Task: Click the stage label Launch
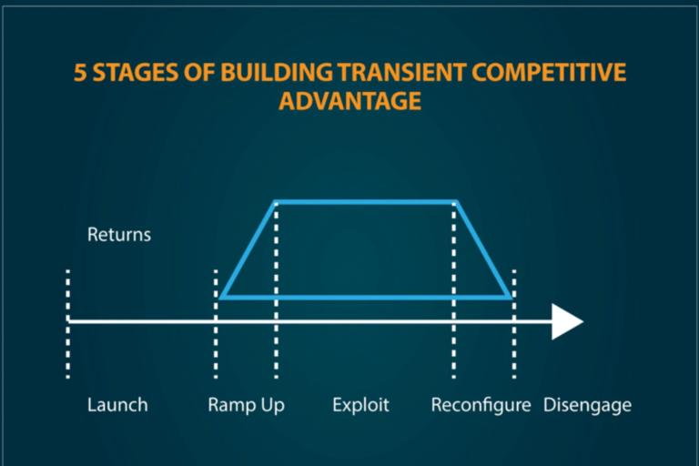coord(117,405)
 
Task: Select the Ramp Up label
coord(246,406)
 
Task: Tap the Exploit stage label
coord(360,405)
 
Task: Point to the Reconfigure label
coord(481,406)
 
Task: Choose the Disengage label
coord(587,406)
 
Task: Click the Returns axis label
coord(119,235)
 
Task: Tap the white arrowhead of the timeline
coord(567,321)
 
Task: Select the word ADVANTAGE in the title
coord(349,101)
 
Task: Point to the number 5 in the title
coord(80,72)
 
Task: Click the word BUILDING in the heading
coord(277,72)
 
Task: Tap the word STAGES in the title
coord(136,72)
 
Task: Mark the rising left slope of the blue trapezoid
coord(248,249)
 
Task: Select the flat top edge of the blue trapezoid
coord(366,202)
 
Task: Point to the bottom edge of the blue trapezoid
coord(366,297)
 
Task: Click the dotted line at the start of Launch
coord(67,324)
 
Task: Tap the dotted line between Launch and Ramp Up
coord(216,324)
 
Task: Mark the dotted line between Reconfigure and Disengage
coord(514,324)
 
